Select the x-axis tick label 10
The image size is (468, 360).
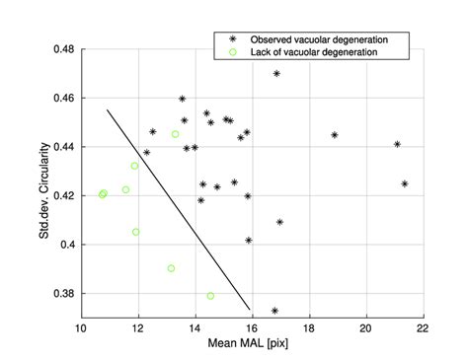tap(82, 327)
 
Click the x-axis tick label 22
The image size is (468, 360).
tap(424, 327)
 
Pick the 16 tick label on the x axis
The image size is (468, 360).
tap(253, 327)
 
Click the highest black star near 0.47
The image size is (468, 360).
tap(276, 74)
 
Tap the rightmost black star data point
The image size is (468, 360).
tap(405, 183)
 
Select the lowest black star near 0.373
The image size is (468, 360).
tap(274, 311)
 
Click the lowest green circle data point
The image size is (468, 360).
tap(211, 296)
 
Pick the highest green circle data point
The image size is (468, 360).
tap(175, 134)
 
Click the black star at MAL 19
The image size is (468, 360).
tap(335, 135)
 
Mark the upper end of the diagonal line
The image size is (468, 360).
tap(107, 109)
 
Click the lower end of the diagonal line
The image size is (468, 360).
tap(250, 309)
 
